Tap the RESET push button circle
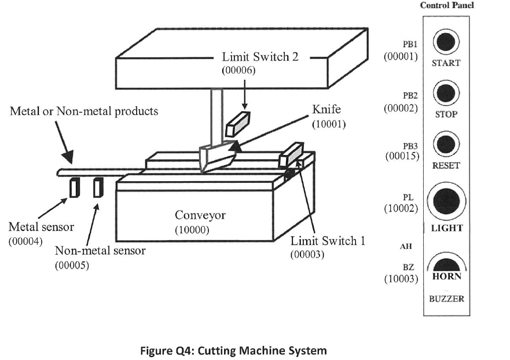(445, 144)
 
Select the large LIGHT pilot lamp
(446, 200)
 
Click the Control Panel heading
(446, 5)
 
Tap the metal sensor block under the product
(75, 188)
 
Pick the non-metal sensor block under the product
(97, 188)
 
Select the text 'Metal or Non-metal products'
(84, 111)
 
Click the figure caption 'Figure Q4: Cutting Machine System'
(232, 350)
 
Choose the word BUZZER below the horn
(446, 299)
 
